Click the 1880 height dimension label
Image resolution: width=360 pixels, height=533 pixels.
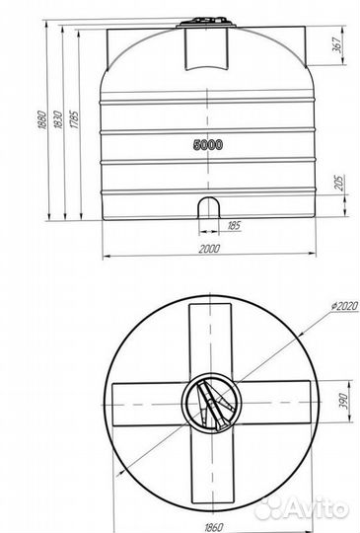[41, 119]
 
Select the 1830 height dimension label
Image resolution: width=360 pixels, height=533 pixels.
[58, 119]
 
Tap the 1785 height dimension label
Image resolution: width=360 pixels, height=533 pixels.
[74, 119]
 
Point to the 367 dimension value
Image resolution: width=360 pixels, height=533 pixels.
[336, 44]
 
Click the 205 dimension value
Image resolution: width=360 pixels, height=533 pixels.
[339, 183]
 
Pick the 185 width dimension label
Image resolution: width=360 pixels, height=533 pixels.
[234, 225]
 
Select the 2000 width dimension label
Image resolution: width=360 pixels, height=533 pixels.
[209, 249]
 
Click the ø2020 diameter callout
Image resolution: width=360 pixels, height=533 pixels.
[345, 306]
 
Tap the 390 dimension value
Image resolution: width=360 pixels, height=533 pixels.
[343, 401]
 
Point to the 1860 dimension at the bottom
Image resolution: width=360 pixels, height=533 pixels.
[214, 527]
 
